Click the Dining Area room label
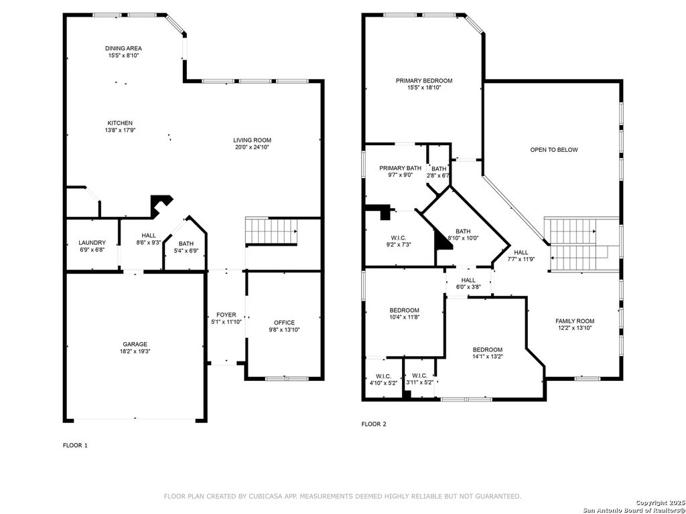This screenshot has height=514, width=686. pyautogui.click(x=123, y=48)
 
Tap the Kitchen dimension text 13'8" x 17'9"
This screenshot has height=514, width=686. pyautogui.click(x=120, y=131)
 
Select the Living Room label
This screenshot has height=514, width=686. pyautogui.click(x=252, y=141)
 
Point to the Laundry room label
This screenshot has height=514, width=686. pyautogui.click(x=92, y=242)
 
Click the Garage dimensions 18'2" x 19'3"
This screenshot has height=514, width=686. pyautogui.click(x=135, y=351)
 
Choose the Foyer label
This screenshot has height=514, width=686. pyautogui.click(x=226, y=315)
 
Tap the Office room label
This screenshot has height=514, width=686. pyautogui.click(x=284, y=323)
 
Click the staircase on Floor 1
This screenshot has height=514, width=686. pyautogui.click(x=271, y=231)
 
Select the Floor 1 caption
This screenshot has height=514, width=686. pyautogui.click(x=75, y=445)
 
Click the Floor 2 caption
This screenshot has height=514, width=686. pyautogui.click(x=374, y=424)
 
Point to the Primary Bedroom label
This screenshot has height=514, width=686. pyautogui.click(x=424, y=81)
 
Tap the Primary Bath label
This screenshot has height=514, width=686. pyautogui.click(x=401, y=168)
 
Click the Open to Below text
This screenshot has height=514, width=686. pyautogui.click(x=554, y=150)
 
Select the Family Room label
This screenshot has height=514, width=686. pyautogui.click(x=575, y=321)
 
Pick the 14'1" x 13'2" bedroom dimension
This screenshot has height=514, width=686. pyautogui.click(x=488, y=357)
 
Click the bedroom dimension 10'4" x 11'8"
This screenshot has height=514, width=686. pyautogui.click(x=404, y=317)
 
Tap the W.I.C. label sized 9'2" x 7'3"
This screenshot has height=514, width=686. pyautogui.click(x=399, y=238)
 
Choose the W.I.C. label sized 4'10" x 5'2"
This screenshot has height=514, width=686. pyautogui.click(x=383, y=376)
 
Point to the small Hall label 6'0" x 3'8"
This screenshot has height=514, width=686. pyautogui.click(x=468, y=280)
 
